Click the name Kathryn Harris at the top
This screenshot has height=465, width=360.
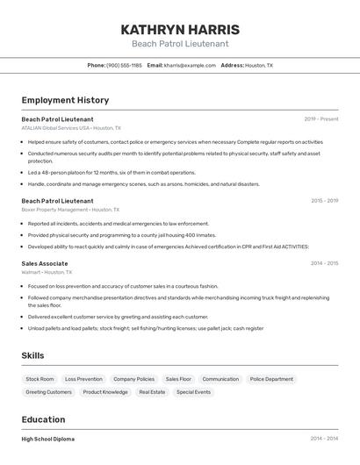click(180, 29)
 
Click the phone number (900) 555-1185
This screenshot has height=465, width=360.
click(124, 65)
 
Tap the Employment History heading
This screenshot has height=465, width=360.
click(65, 100)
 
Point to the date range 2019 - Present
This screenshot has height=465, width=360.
click(321, 118)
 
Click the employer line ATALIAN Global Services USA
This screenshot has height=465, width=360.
click(71, 128)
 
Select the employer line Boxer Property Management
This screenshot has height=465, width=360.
click(70, 210)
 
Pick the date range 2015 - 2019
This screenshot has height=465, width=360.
click(324, 200)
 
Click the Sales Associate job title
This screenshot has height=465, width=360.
click(45, 263)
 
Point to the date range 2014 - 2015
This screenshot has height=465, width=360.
click(324, 263)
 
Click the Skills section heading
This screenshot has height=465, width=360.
click(33, 355)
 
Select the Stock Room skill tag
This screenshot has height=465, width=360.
click(40, 379)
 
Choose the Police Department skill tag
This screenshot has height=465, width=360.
click(271, 379)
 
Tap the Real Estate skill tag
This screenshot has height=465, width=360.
click(152, 392)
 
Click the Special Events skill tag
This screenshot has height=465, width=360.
click(193, 392)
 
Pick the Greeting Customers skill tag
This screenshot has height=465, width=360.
click(49, 392)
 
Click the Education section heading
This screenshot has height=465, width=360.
click(44, 419)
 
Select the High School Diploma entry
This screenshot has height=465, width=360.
click(48, 439)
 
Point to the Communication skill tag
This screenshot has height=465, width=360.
click(220, 379)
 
